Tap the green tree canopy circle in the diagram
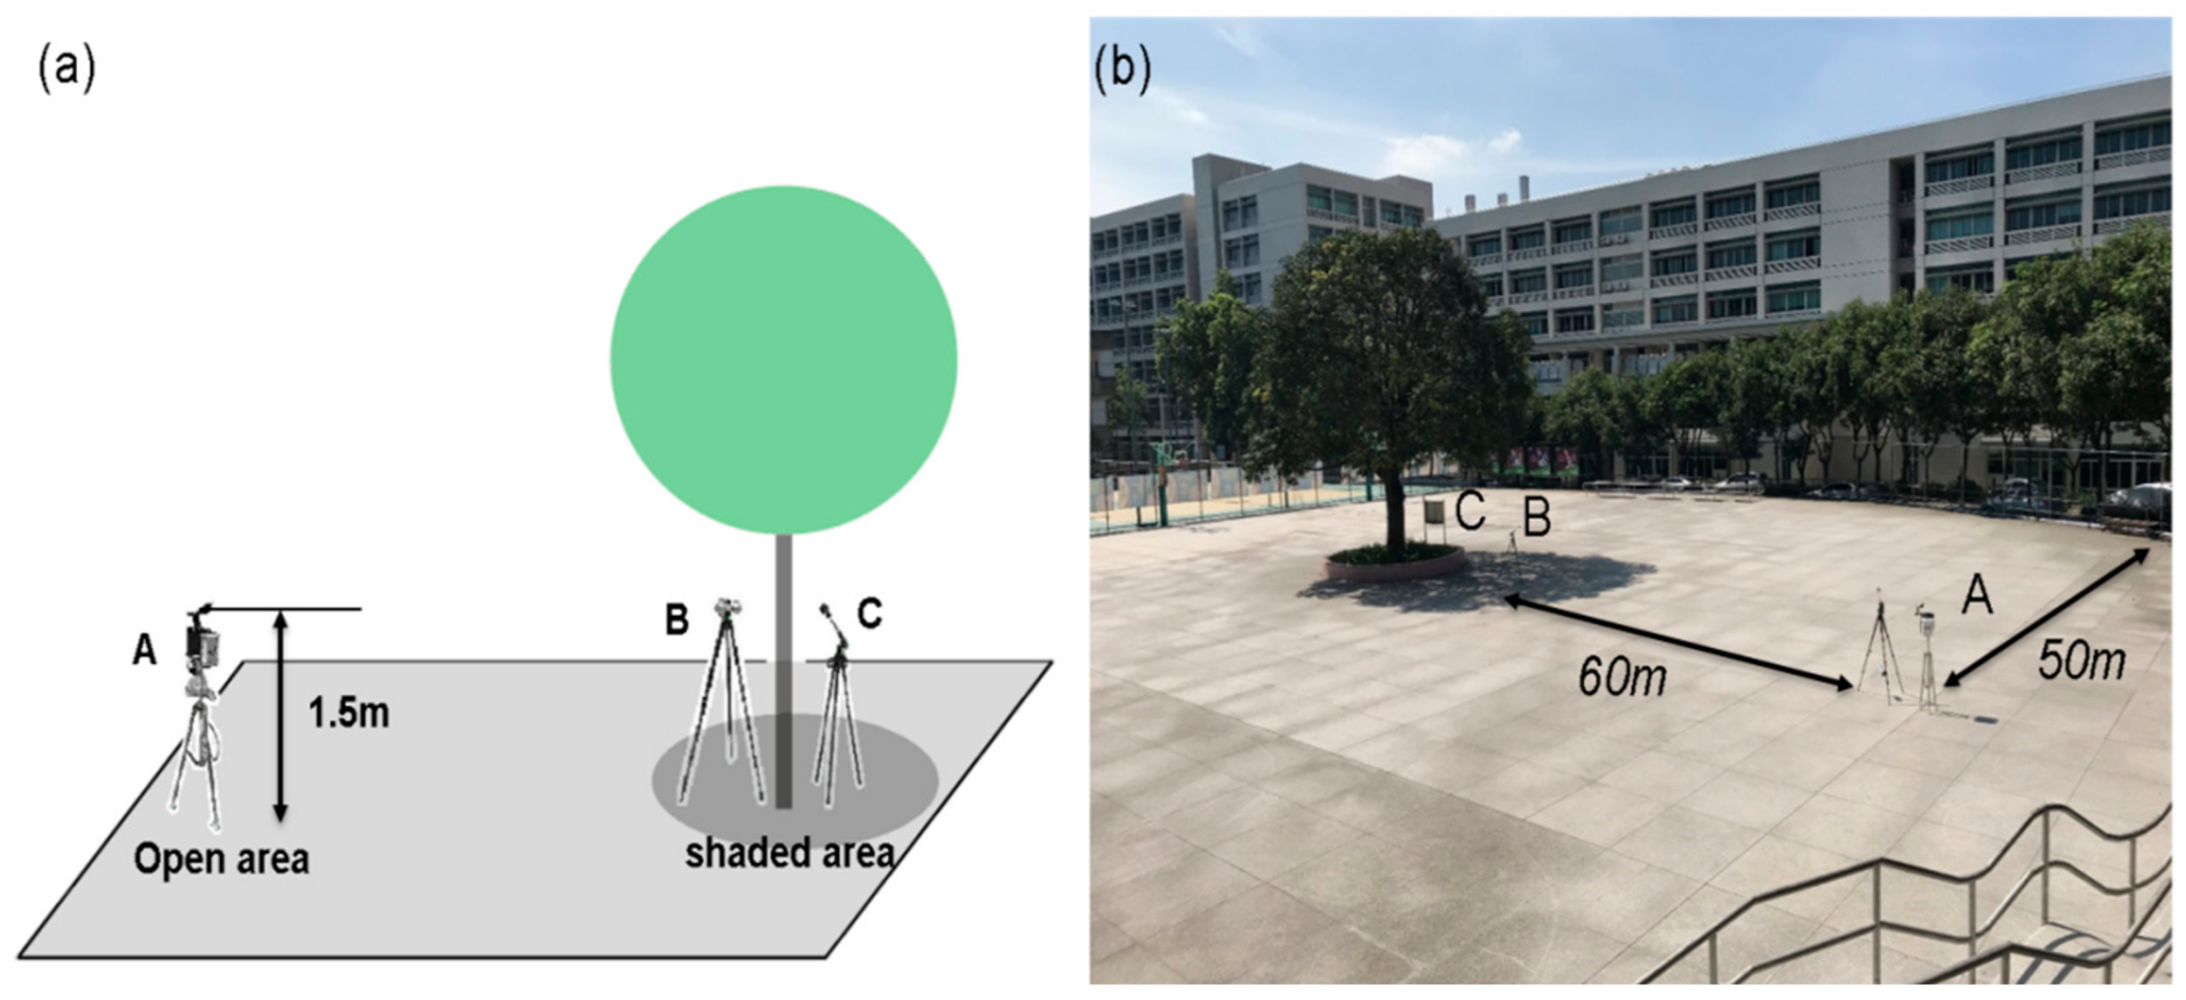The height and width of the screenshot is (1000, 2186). coord(783,360)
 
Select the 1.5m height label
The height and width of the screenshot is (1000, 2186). coord(349,713)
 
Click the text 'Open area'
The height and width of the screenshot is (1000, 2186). coord(221,859)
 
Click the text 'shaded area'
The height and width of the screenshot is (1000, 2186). coord(789,852)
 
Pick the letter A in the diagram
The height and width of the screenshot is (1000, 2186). coord(145,651)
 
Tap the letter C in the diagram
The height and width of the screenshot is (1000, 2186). coord(869,613)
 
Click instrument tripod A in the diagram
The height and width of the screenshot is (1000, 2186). coord(200,721)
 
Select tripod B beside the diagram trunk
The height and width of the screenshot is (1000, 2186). coord(722,704)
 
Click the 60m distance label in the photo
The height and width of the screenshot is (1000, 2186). coord(1622,677)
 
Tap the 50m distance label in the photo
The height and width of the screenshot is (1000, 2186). coord(2081,660)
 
